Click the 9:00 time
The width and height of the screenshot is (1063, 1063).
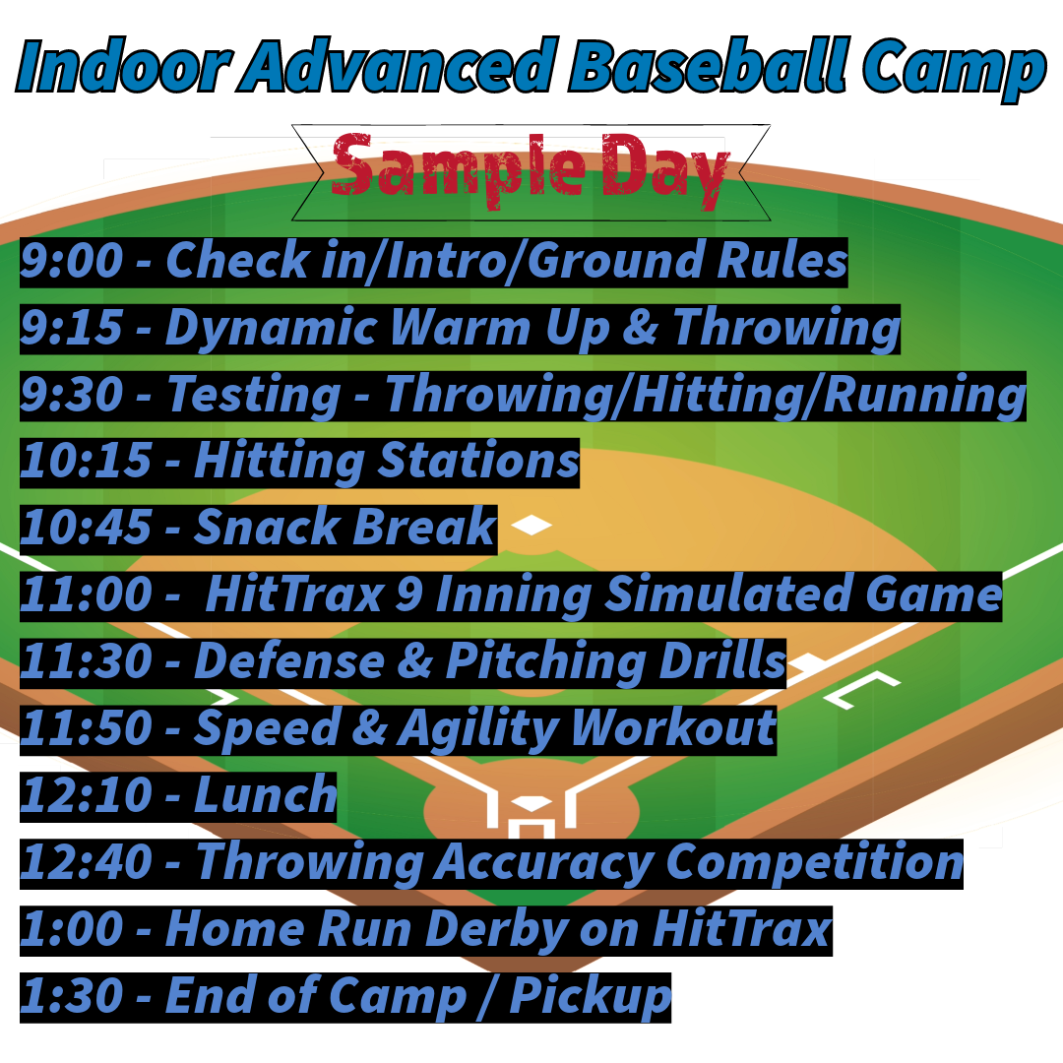coord(71,262)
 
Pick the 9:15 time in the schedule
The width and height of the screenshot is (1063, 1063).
coord(71,329)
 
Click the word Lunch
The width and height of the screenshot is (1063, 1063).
coord(266,795)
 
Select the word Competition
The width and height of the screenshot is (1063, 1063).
coord(813,862)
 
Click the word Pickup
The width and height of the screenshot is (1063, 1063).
coord(590,996)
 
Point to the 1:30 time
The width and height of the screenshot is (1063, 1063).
coord(71,996)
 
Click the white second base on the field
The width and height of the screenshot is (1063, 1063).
coord(531,526)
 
